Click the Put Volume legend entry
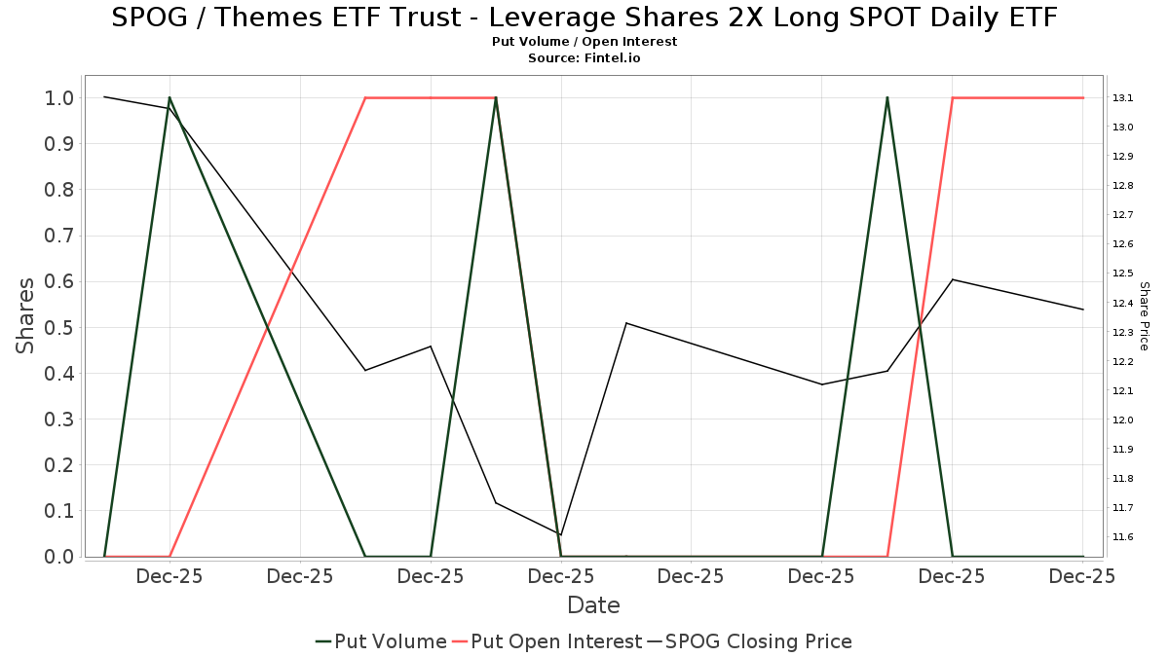381,641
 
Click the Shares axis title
25,315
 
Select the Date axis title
593,605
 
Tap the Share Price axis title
1144,315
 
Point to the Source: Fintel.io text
584,58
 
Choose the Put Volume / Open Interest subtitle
584,42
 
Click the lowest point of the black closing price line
561,535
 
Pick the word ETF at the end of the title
1032,18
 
